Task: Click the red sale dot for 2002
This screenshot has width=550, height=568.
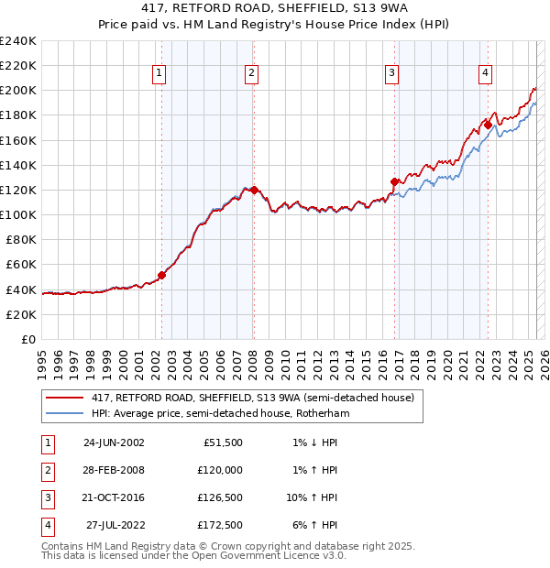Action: (162, 274)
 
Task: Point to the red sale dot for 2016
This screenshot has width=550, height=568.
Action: (395, 181)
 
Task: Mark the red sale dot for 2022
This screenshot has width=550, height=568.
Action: (489, 125)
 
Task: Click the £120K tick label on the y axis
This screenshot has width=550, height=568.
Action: (17, 190)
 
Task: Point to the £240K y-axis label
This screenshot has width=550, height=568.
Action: (17, 41)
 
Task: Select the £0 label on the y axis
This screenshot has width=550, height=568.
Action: (27, 339)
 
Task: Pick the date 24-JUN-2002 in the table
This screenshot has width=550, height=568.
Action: (114, 442)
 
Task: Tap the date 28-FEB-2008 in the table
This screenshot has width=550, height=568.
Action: (114, 470)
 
